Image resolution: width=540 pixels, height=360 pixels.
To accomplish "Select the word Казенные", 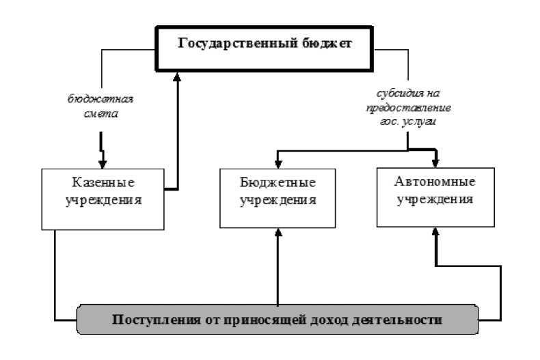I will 103,183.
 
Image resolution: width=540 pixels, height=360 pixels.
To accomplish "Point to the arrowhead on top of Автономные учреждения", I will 435,162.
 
